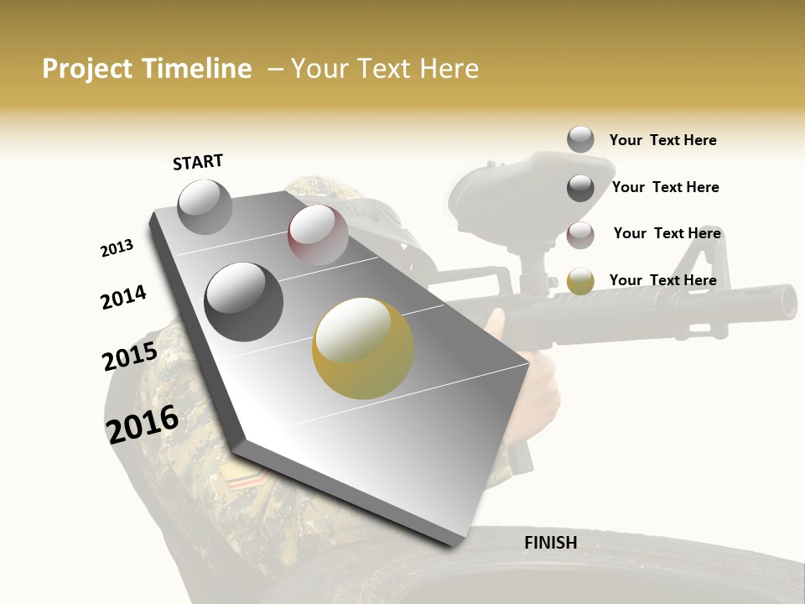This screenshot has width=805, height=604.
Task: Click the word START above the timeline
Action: tap(198, 162)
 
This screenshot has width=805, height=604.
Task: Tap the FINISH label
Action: tap(550, 543)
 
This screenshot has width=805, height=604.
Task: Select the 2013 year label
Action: tap(117, 248)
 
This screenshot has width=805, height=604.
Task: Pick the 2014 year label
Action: tap(123, 297)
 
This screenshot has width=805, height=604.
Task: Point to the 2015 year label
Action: tap(130, 357)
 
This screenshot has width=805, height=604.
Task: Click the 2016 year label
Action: tap(143, 423)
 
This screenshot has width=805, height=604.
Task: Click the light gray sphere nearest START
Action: tap(205, 206)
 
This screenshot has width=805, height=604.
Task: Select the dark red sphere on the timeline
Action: tap(318, 235)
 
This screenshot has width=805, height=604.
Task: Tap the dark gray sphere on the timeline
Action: tap(244, 302)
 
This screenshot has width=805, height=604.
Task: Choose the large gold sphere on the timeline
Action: tap(363, 348)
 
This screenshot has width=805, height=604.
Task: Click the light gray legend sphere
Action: tap(580, 139)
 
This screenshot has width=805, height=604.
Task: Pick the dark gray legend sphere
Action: tap(580, 187)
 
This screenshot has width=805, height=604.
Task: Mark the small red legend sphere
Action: tap(580, 234)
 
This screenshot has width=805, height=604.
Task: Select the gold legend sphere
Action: tap(580, 281)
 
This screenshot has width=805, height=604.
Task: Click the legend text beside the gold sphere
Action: tap(662, 280)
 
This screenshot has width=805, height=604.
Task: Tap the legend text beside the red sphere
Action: tap(667, 233)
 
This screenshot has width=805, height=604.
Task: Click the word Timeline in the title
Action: tap(197, 69)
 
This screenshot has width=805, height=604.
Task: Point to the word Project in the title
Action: tap(88, 69)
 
